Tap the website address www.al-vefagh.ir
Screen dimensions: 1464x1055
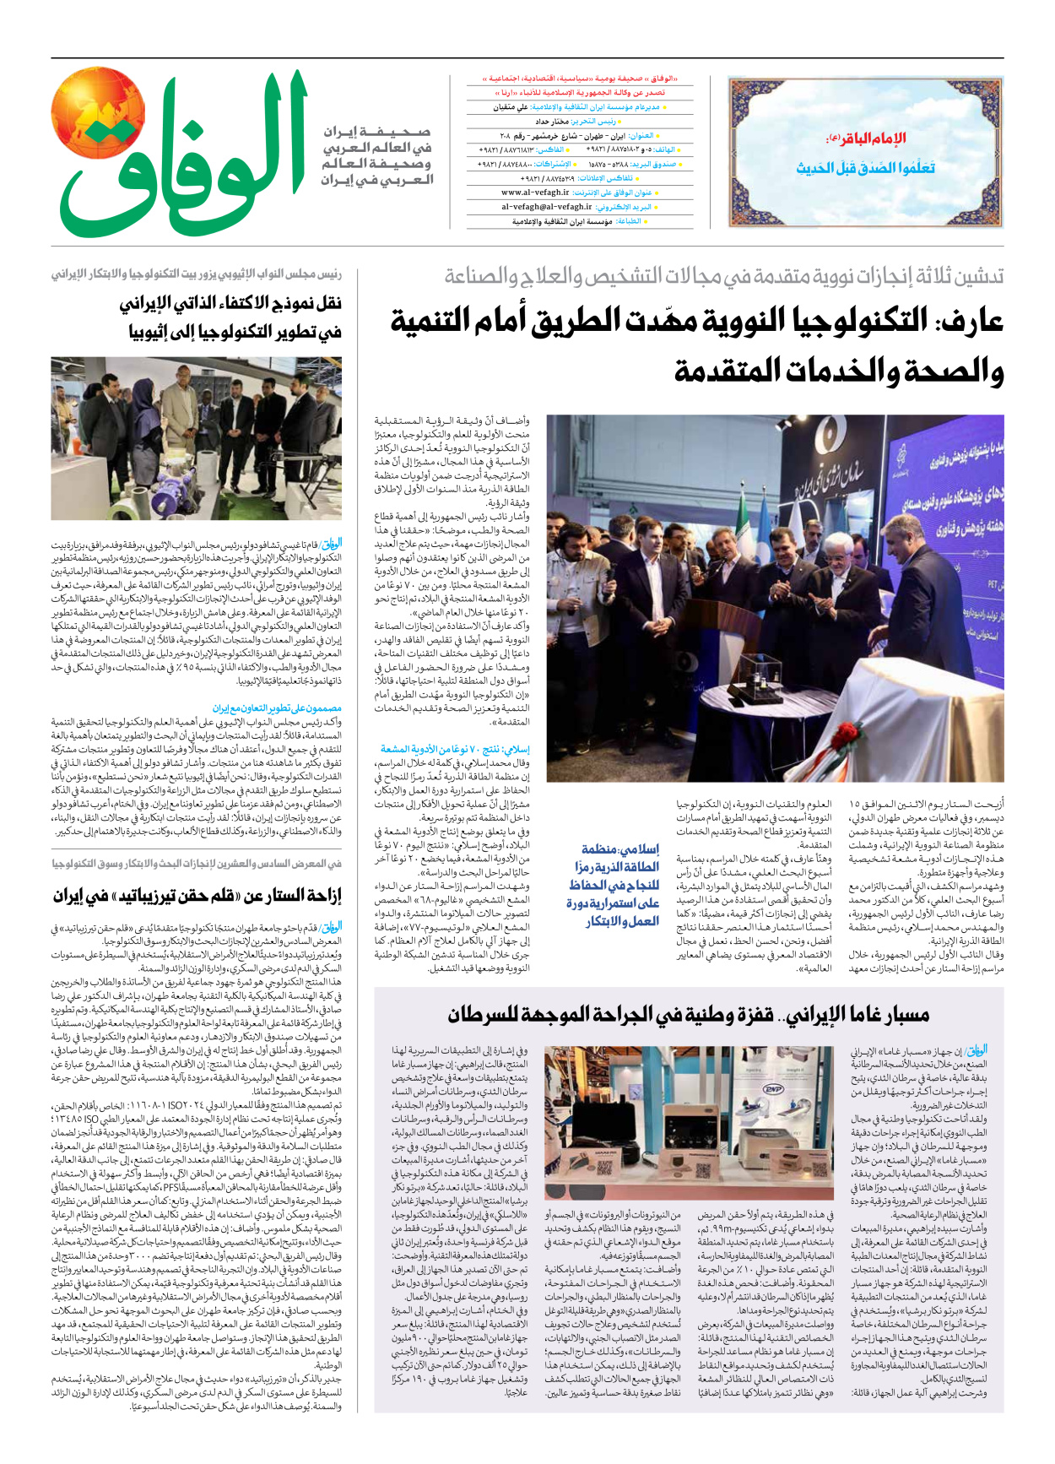point(535,192)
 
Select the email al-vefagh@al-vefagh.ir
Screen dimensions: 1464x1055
point(547,207)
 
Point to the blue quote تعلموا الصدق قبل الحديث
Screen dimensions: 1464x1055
point(865,168)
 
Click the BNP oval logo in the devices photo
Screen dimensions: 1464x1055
point(772,1089)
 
